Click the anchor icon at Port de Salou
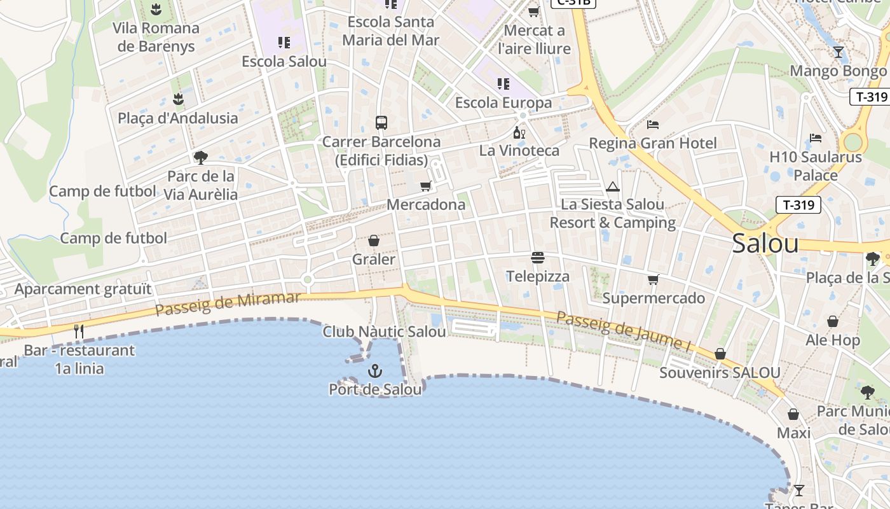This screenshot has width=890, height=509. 375,370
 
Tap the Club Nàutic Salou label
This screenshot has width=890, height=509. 384,331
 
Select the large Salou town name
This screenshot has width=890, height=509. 765,243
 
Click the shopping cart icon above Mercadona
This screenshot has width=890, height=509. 425,186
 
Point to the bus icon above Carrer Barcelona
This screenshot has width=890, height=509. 381,123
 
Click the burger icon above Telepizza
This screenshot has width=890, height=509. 538,258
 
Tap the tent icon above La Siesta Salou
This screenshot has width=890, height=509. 613,186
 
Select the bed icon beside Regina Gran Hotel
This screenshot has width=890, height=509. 653,124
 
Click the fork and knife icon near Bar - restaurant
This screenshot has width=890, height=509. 79,331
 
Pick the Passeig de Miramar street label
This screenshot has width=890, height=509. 228,304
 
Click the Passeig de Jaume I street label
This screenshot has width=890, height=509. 623,331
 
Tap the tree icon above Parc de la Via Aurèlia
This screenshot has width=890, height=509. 201,157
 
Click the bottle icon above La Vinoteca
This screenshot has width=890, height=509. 519,132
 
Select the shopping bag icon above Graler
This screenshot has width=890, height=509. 374,241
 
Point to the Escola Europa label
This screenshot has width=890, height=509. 503,102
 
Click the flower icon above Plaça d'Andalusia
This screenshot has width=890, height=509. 178,99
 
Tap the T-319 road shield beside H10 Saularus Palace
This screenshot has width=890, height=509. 798,204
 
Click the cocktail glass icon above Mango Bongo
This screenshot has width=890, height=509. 839,52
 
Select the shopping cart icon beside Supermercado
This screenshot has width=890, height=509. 653,279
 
